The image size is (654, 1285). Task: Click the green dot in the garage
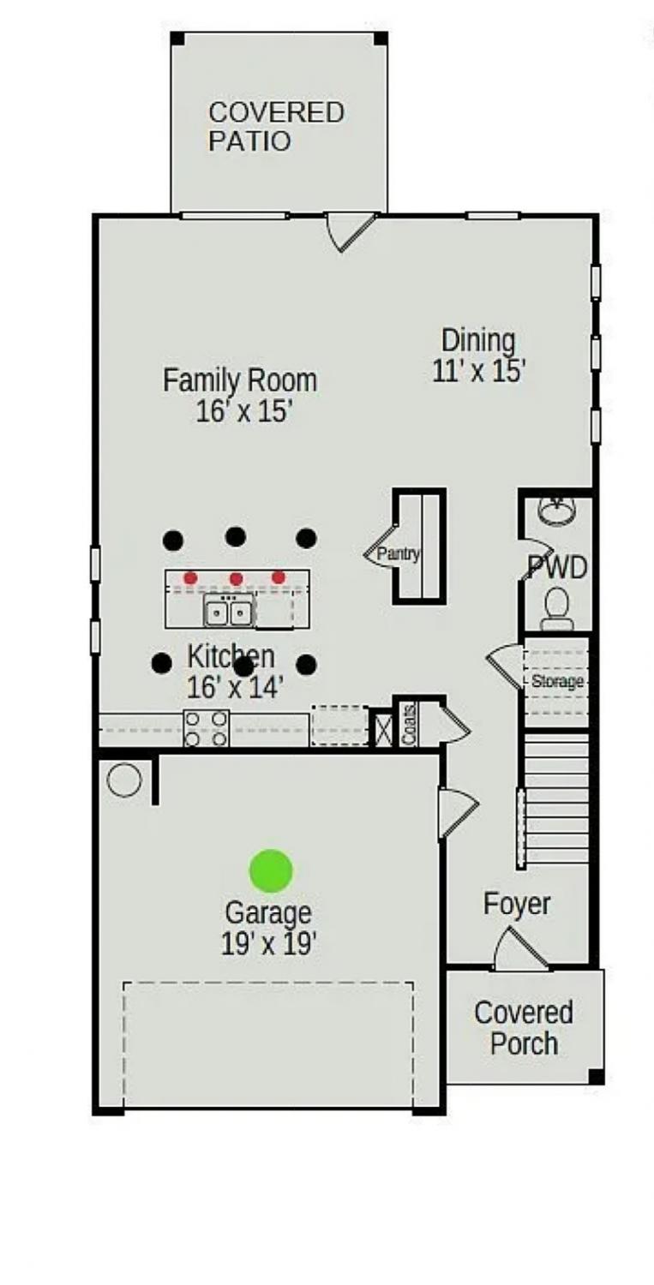271,871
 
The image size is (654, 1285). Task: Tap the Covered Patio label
276,127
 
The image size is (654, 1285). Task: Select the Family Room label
240,380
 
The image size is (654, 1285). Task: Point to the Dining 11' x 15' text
479,356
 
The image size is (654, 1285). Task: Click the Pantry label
398,554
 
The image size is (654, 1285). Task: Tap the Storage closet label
557,682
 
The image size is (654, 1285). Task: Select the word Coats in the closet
410,725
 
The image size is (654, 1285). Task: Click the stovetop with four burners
206,728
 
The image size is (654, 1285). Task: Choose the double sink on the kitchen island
229,610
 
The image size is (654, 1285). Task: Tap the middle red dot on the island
236,578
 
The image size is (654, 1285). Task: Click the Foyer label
517,905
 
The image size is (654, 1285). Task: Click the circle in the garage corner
124,780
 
